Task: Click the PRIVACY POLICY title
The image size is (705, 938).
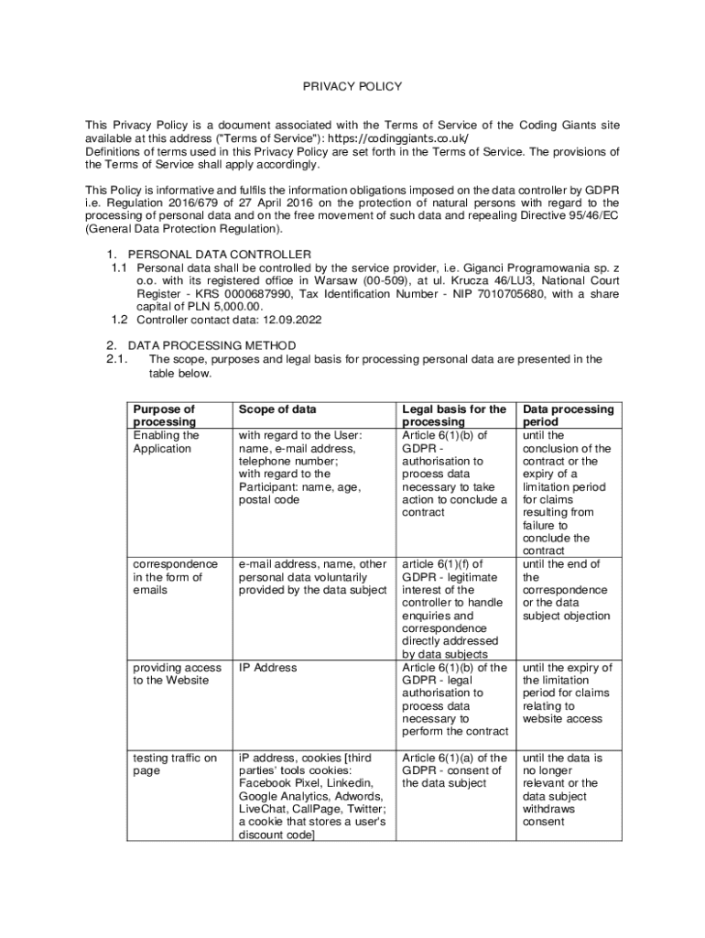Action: pyautogui.click(x=352, y=87)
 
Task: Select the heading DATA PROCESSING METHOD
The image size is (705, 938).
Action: pyautogui.click(x=211, y=345)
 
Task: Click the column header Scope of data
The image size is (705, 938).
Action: pyautogui.click(x=277, y=409)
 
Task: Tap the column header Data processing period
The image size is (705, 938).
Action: pyautogui.click(x=568, y=416)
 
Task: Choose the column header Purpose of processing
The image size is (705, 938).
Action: pyautogui.click(x=164, y=416)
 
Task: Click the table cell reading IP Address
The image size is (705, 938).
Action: pyautogui.click(x=267, y=668)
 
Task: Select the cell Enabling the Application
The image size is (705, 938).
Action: pyautogui.click(x=166, y=442)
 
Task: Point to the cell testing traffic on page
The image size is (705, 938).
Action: pyautogui.click(x=175, y=764)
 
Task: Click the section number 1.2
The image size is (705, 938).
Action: pyautogui.click(x=119, y=320)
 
